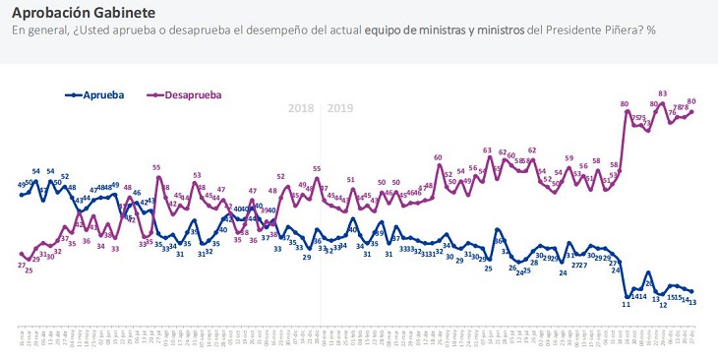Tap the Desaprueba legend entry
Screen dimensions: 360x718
pos(187,94)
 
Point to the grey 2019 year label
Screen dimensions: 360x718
pos(340,108)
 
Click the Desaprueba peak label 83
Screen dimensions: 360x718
pos(664,93)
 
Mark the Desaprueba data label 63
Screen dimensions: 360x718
pos(488,150)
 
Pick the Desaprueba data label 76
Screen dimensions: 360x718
pos(672,113)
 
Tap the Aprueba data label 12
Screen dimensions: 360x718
pos(664,304)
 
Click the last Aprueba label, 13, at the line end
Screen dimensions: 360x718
pos(693,302)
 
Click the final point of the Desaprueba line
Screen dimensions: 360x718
pos(692,111)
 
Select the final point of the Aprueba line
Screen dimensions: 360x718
pos(692,291)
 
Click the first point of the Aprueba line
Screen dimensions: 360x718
pos(22,195)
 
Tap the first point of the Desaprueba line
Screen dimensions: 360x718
pos(22,254)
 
